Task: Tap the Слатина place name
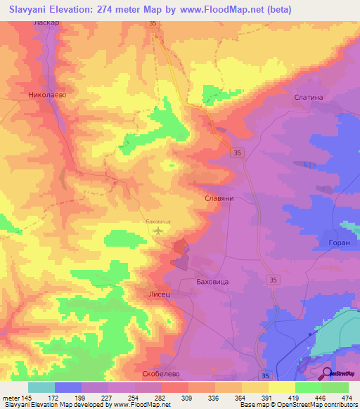[309, 98]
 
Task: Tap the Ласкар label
[45, 23]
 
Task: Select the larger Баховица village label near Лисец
[210, 280]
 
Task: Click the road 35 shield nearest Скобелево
[264, 376]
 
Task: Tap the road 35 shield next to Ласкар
[153, 24]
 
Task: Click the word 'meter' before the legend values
[11, 398]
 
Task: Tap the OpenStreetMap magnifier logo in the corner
[327, 373]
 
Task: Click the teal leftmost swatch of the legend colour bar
[41, 387]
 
